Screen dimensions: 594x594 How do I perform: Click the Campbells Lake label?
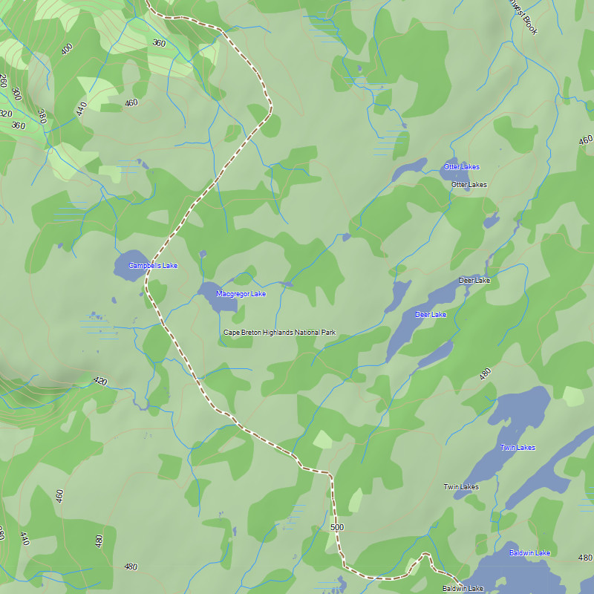[x=153, y=266]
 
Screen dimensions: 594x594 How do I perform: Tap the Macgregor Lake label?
[x=241, y=294]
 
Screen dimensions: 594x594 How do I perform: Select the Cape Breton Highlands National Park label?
[x=280, y=333]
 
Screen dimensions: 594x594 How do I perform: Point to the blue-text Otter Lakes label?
[x=462, y=167]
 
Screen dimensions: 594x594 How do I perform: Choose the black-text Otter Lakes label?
[x=469, y=185]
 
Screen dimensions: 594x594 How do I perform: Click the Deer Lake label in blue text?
[x=431, y=315]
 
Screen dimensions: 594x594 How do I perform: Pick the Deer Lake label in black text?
[x=474, y=281]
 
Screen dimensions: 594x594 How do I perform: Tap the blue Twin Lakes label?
[x=518, y=448]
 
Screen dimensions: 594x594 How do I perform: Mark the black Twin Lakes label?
[x=461, y=487]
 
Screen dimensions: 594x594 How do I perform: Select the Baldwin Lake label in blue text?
[x=529, y=553]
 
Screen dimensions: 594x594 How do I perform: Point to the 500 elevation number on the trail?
[x=337, y=527]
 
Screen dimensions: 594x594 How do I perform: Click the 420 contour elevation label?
[x=100, y=382]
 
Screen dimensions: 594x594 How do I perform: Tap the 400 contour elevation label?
[x=67, y=50]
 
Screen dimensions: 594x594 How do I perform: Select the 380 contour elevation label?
[x=42, y=117]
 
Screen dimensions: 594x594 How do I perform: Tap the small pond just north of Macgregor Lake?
[x=203, y=255]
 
